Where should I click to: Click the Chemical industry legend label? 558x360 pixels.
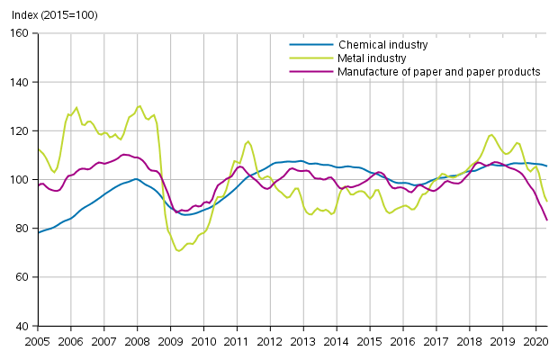coord(382,44)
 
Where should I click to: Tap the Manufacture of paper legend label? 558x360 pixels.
coord(438,71)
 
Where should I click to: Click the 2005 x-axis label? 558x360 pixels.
coord(37,342)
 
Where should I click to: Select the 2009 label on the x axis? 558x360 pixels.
coord(170,342)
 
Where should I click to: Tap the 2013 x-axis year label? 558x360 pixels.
coord(302,342)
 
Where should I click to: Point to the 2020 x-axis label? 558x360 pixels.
coord(535,342)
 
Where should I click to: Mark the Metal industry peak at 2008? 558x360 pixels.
coord(139,105)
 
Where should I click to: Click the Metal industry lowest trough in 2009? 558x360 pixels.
coord(178,250)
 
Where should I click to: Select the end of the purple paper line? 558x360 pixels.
coord(547,220)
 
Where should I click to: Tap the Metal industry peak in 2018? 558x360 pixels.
coord(491,135)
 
